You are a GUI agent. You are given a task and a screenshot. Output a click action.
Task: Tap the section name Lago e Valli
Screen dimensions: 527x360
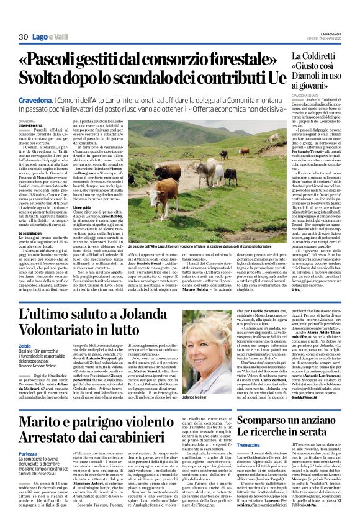click(x=50, y=38)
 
